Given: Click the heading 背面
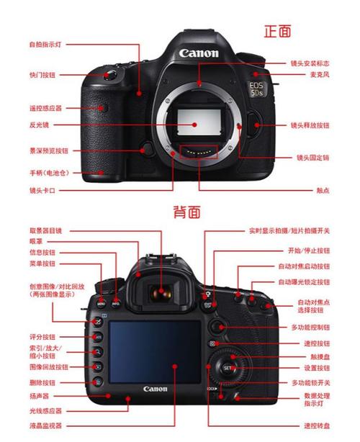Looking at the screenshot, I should pos(186,212).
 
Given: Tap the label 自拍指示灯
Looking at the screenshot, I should pos(45,45).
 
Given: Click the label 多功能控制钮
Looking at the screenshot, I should pos(310,327).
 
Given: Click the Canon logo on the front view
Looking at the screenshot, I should pos(194,53).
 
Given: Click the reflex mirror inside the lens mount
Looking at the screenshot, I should pos(194,123).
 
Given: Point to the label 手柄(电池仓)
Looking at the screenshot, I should pos(45,173).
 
